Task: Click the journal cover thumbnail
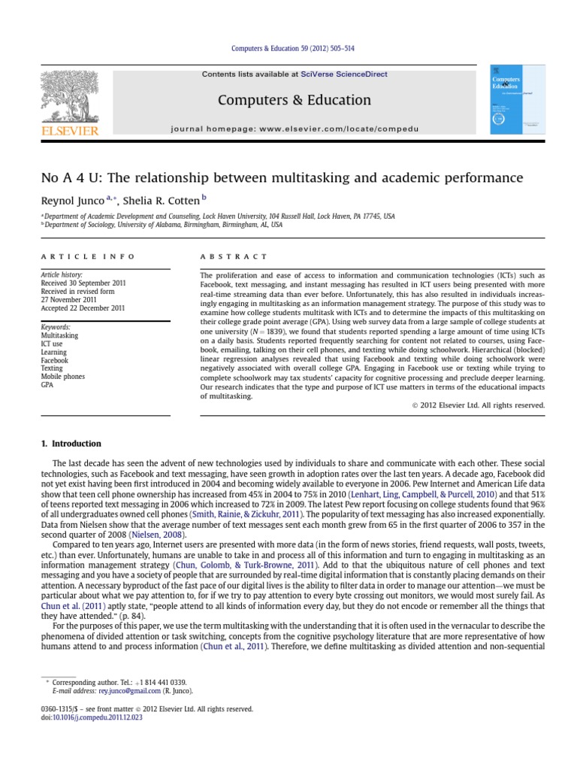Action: (518, 100)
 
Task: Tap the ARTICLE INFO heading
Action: (87, 256)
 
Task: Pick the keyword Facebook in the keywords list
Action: (56, 360)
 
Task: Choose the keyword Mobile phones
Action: (63, 377)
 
